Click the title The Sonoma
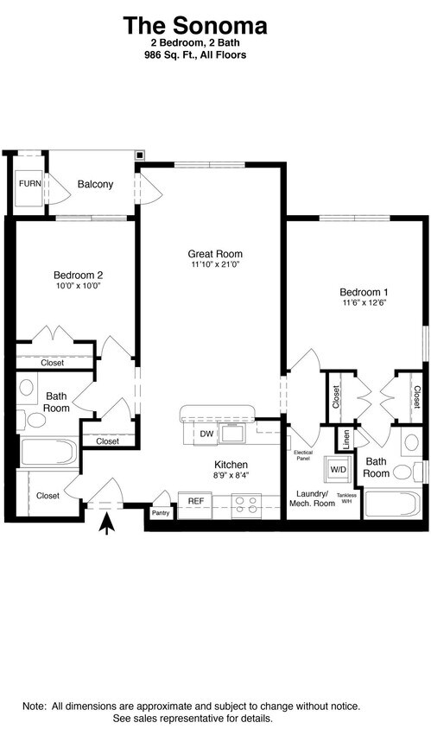[194, 25]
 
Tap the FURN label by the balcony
[29, 184]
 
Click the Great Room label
[215, 254]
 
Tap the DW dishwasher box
[206, 434]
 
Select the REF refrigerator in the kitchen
[195, 500]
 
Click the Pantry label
[161, 512]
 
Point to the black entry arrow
[107, 523]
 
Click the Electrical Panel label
[302, 455]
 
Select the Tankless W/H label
[346, 498]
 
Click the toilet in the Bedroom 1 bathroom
[402, 472]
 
